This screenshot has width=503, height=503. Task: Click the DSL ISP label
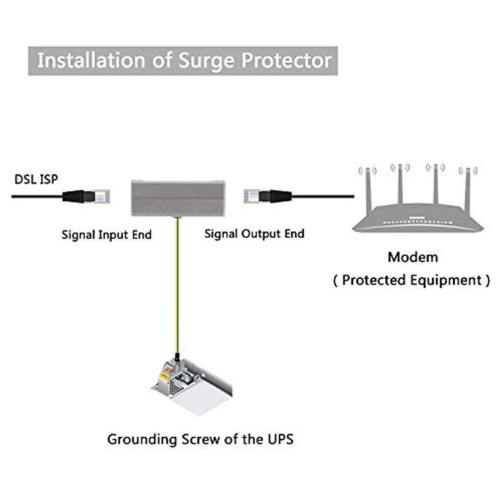click(x=36, y=179)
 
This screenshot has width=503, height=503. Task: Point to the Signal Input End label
click(x=106, y=235)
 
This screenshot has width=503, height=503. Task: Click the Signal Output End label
click(x=254, y=234)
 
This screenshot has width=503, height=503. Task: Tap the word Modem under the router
click(x=413, y=257)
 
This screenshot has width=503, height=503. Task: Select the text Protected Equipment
click(x=412, y=280)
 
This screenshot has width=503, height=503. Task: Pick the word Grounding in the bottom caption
click(x=142, y=440)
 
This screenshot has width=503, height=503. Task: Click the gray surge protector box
click(x=178, y=198)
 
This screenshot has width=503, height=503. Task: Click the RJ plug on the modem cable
click(x=252, y=196)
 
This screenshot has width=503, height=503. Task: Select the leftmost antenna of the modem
click(x=368, y=189)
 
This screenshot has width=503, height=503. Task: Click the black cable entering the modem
click(x=323, y=196)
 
